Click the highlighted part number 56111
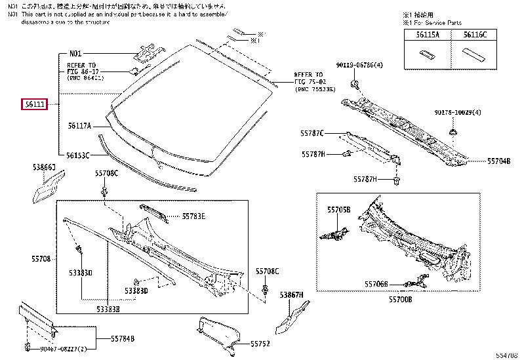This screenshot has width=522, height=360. point(35,104)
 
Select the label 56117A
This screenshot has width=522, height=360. point(79,126)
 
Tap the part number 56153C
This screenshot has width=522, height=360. point(79,155)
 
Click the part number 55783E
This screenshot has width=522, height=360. point(193,216)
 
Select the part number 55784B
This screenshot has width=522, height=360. point(123,338)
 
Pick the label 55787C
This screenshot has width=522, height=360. point(313,133)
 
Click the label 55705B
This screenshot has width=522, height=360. point(339,209)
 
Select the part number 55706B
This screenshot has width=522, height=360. point(377,284)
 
